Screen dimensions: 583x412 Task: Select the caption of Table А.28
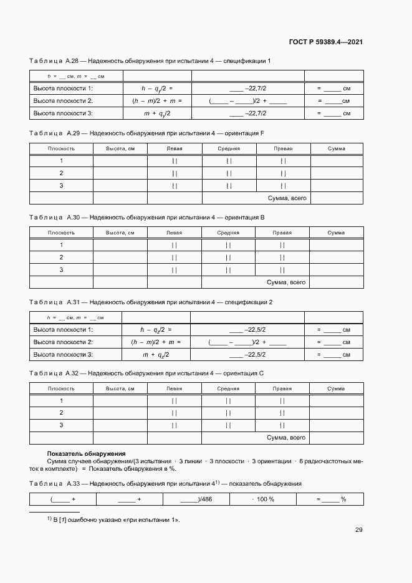(150, 60)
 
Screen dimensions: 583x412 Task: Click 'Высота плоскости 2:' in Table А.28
(63, 101)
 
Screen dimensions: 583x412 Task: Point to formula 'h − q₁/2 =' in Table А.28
(157, 89)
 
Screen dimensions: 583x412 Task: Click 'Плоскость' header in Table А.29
(62, 148)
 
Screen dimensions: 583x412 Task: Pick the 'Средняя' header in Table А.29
(229, 148)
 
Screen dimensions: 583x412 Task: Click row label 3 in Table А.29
(61, 186)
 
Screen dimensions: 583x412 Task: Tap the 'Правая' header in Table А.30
(282, 233)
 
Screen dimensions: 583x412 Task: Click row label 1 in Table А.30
(61, 245)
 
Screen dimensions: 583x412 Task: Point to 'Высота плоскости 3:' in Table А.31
(63, 355)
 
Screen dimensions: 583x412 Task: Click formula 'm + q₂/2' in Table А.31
(157, 355)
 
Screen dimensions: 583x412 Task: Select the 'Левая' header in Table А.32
(175, 389)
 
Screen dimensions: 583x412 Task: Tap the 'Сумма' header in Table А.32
(336, 389)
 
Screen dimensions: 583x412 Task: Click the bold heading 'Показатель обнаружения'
(87, 453)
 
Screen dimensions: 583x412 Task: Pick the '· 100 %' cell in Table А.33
(263, 499)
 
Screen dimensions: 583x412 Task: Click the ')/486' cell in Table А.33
(196, 499)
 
